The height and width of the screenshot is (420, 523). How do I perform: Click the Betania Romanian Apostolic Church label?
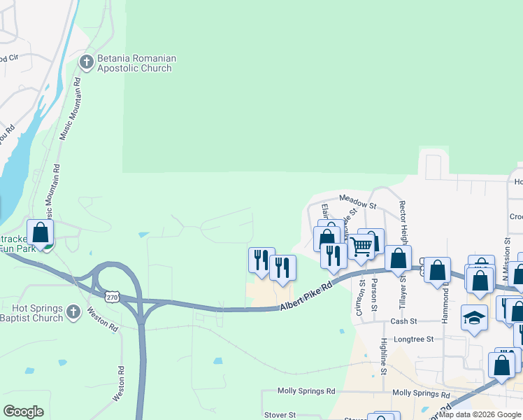pyautogui.click(x=136, y=64)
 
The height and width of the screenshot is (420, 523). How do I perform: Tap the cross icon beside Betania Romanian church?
pyautogui.click(x=87, y=63)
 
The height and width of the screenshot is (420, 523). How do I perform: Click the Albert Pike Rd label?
pyautogui.click(x=305, y=295)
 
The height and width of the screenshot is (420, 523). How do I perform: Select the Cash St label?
pyautogui.click(x=403, y=321)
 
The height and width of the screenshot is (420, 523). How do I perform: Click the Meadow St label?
pyautogui.click(x=357, y=202)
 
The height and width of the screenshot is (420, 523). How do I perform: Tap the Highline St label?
pyautogui.click(x=384, y=355)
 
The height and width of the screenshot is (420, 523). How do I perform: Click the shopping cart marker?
pyautogui.click(x=361, y=246)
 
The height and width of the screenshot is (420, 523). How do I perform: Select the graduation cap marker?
pyautogui.click(x=474, y=317)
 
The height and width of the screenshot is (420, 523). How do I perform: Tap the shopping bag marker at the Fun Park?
pyautogui.click(x=40, y=232)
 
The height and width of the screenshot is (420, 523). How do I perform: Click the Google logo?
pyautogui.click(x=24, y=412)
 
